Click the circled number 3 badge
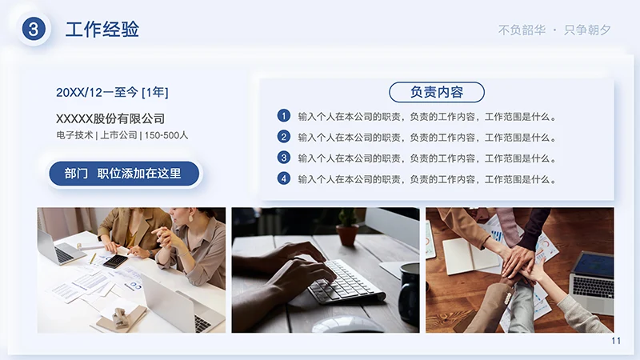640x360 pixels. (34, 30)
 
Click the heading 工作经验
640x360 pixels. (102, 30)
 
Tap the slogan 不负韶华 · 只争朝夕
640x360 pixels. (554, 30)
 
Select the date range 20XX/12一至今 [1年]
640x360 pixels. (112, 93)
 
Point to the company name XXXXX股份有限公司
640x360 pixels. (110, 118)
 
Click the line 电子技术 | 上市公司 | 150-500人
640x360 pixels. (122, 135)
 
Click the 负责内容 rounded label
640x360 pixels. (437, 92)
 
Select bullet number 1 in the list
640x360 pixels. (283, 116)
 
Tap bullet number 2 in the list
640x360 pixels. (283, 137)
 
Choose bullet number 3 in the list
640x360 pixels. (283, 158)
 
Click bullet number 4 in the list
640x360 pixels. (283, 178)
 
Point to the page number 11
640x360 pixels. (616, 341)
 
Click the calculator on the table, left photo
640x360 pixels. (115, 261)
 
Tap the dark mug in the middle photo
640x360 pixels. (409, 293)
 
